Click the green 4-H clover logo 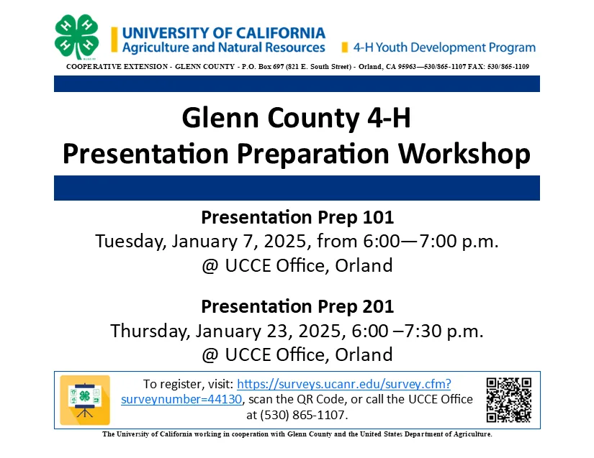[x=76, y=37]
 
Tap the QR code [x=509, y=400]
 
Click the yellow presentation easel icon [x=85, y=400]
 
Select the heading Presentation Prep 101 [x=297, y=217]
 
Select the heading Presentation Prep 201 [x=297, y=306]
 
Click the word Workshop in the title [x=464, y=154]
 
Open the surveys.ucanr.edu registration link [x=344, y=384]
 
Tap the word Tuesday [x=131, y=242]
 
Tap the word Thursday [x=150, y=331]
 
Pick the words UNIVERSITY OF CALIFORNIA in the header [x=223, y=33]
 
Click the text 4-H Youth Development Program [x=444, y=47]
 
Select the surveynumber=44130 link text [x=181, y=399]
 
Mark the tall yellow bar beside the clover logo [x=114, y=40]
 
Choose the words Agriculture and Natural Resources [x=223, y=47]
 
